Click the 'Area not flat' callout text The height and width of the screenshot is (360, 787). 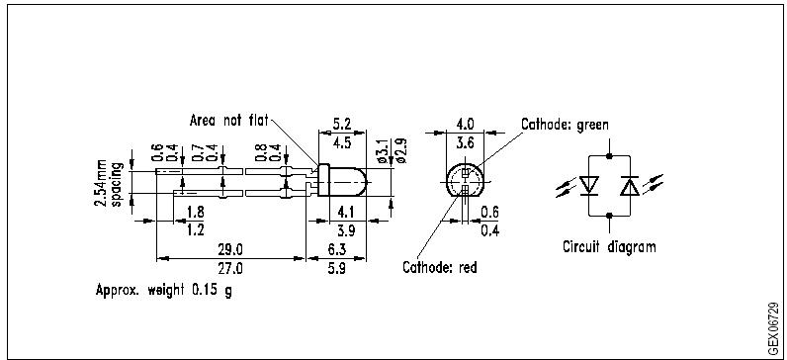[x=229, y=121]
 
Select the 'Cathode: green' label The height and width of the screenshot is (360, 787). [x=565, y=125]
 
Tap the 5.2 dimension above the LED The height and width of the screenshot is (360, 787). [x=343, y=125]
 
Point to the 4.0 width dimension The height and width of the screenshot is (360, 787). [x=464, y=125]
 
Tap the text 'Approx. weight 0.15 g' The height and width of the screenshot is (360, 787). [x=164, y=292]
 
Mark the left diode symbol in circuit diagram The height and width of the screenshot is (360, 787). [x=592, y=185]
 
